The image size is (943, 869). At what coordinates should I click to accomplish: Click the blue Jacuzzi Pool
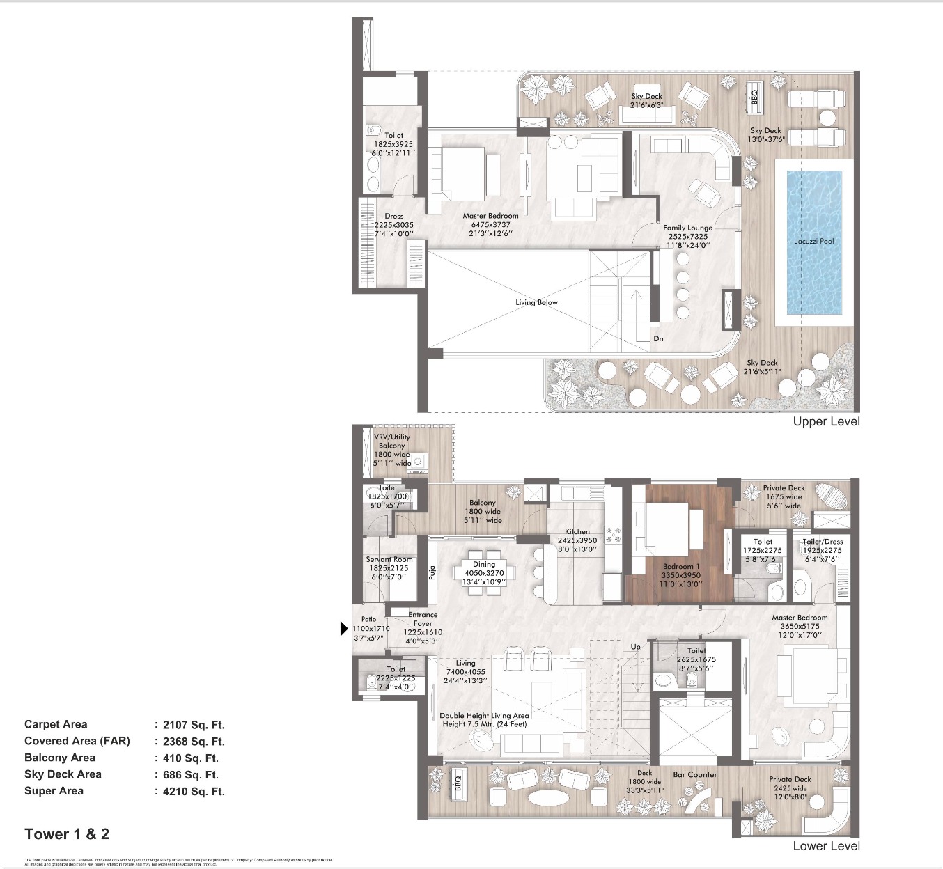point(814,241)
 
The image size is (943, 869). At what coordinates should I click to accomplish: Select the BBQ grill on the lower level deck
point(458,785)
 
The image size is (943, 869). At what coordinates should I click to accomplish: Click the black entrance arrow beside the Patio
point(343,629)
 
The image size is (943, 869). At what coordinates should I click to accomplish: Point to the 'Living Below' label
point(536,302)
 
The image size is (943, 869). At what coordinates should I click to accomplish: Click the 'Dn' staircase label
point(658,339)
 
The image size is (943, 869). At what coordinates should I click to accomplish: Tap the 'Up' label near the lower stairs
point(635,647)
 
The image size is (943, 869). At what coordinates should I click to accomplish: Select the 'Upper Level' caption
point(826,421)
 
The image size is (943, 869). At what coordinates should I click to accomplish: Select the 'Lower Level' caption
point(826,846)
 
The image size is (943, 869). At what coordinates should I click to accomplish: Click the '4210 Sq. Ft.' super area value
point(193,791)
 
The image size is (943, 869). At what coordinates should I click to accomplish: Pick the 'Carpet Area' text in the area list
point(56,724)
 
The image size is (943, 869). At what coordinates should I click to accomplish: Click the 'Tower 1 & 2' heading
point(67,834)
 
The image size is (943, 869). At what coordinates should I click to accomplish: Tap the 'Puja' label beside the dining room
point(432,572)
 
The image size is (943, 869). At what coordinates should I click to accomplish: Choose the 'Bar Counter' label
point(694,774)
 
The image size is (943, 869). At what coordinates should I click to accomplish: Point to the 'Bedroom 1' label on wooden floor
point(681,567)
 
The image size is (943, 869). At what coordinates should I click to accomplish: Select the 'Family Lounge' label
point(687,228)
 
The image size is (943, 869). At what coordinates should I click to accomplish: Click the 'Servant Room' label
point(389,559)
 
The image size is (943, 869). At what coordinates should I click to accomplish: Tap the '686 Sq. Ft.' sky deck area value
point(190,774)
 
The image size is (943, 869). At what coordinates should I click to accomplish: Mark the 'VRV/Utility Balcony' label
point(392,441)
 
